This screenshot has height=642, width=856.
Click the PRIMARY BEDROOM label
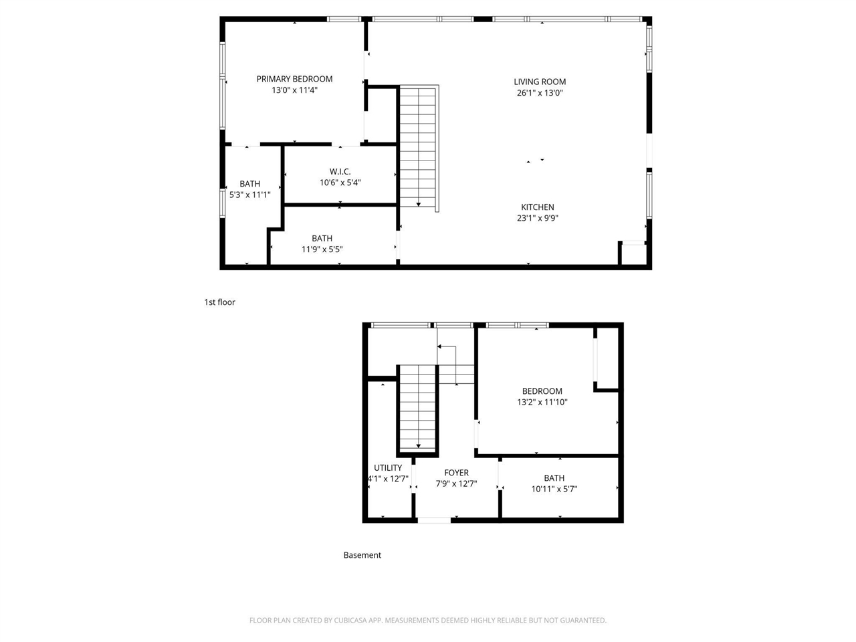click(x=294, y=79)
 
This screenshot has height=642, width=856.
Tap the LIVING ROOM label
click(x=540, y=82)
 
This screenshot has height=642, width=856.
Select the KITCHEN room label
click(x=538, y=207)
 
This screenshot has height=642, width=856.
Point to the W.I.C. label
click(x=340, y=172)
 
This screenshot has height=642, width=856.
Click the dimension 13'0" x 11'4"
click(x=294, y=90)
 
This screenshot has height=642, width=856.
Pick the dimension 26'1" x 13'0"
click(x=540, y=93)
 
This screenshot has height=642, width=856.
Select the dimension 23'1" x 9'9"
click(x=538, y=218)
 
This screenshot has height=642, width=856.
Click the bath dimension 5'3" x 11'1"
click(x=250, y=195)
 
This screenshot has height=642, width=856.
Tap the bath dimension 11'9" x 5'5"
click(x=322, y=249)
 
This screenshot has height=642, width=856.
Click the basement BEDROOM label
click(x=542, y=391)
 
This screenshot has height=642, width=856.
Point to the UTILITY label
click(x=388, y=468)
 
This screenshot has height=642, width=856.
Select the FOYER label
click(x=456, y=473)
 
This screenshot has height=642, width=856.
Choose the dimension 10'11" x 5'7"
click(x=554, y=489)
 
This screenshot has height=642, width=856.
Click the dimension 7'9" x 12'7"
click(x=456, y=484)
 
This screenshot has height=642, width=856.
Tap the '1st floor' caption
click(x=219, y=302)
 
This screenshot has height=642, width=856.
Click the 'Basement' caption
click(x=362, y=555)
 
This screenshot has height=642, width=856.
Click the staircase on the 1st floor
click(x=419, y=147)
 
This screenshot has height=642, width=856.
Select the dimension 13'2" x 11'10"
click(x=542, y=403)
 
